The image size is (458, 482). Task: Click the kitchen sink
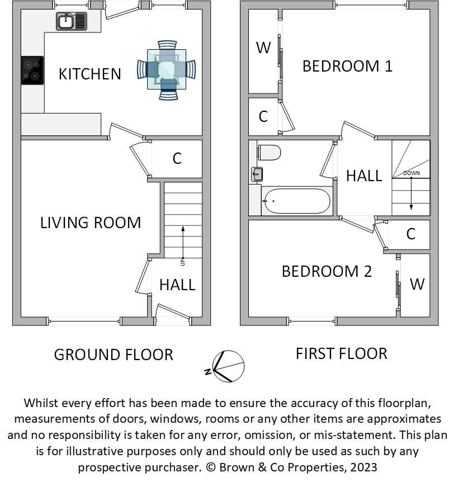pyautogui.click(x=72, y=21)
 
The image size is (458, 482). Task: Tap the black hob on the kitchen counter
pyautogui.click(x=32, y=70)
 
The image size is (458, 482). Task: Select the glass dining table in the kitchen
pyautogui.click(x=167, y=69)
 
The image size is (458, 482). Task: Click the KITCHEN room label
pyautogui.click(x=90, y=74)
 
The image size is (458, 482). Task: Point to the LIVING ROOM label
pyautogui.click(x=91, y=223)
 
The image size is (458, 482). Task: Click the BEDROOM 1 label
pyautogui.click(x=348, y=67)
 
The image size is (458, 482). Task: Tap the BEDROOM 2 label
pyautogui.click(x=327, y=271)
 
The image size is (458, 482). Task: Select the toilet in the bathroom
pyautogui.click(x=270, y=153)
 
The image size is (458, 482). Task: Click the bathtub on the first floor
pyautogui.click(x=297, y=201)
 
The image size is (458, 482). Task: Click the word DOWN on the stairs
pyautogui.click(x=412, y=173)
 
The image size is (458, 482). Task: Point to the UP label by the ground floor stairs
pyautogui.click(x=183, y=262)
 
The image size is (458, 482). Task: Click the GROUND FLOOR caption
pyautogui.click(x=114, y=355)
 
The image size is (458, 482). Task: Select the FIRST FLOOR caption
pyautogui.click(x=342, y=354)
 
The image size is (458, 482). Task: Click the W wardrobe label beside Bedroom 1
pyautogui.click(x=263, y=48)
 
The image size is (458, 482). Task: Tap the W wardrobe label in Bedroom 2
pyautogui.click(x=417, y=285)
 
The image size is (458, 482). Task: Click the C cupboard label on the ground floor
pyautogui.click(x=177, y=159)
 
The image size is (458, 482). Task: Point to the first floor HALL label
pyautogui.click(x=364, y=176)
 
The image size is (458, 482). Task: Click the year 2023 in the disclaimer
pyautogui.click(x=363, y=467)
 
